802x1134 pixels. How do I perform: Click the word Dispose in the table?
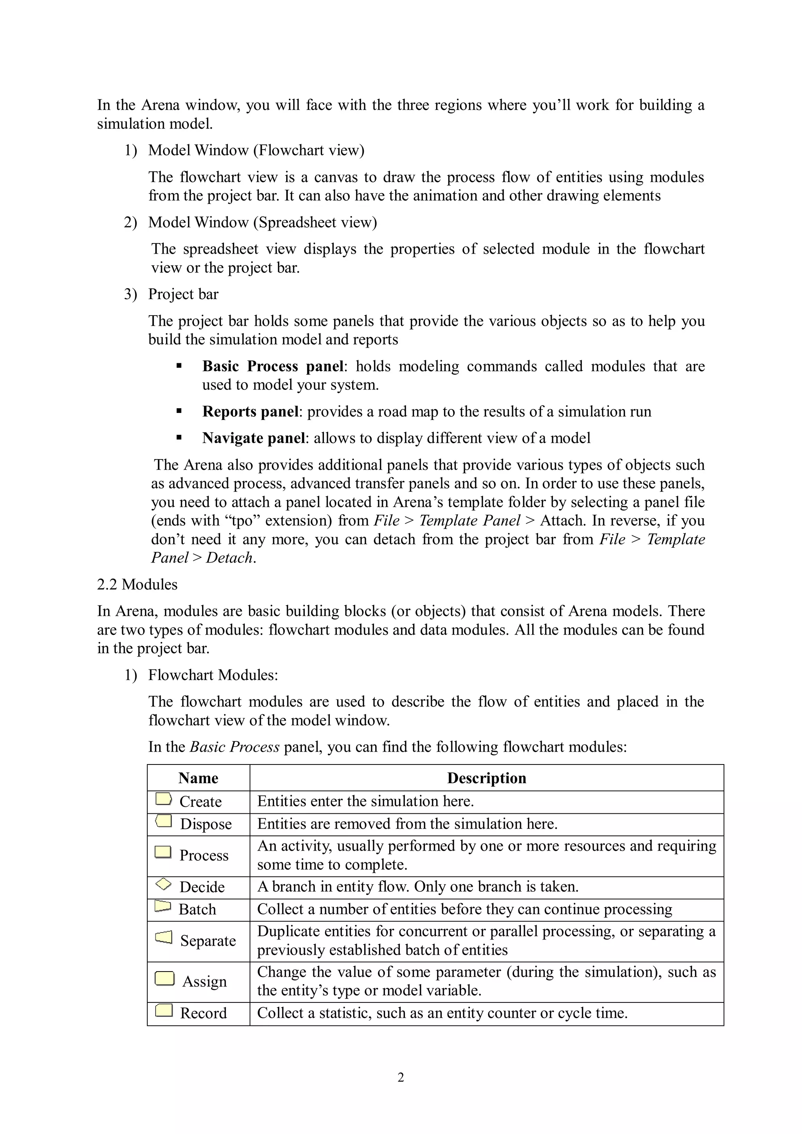tap(206, 824)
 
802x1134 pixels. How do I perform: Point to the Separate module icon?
tap(164, 937)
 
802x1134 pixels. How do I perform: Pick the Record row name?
tap(203, 1013)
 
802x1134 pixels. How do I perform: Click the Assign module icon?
tap(164, 979)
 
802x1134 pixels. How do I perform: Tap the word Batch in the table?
tap(197, 909)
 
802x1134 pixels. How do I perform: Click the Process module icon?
tap(163, 852)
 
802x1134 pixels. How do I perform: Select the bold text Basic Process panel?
tap(273, 366)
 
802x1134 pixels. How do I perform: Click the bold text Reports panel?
tap(251, 411)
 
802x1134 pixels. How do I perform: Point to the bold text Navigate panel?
tap(253, 438)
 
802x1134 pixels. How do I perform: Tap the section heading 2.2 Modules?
tap(137, 584)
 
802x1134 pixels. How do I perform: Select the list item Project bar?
tap(183, 294)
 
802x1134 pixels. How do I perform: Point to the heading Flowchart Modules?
tap(213, 675)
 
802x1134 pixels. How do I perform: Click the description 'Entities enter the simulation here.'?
tap(365, 801)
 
